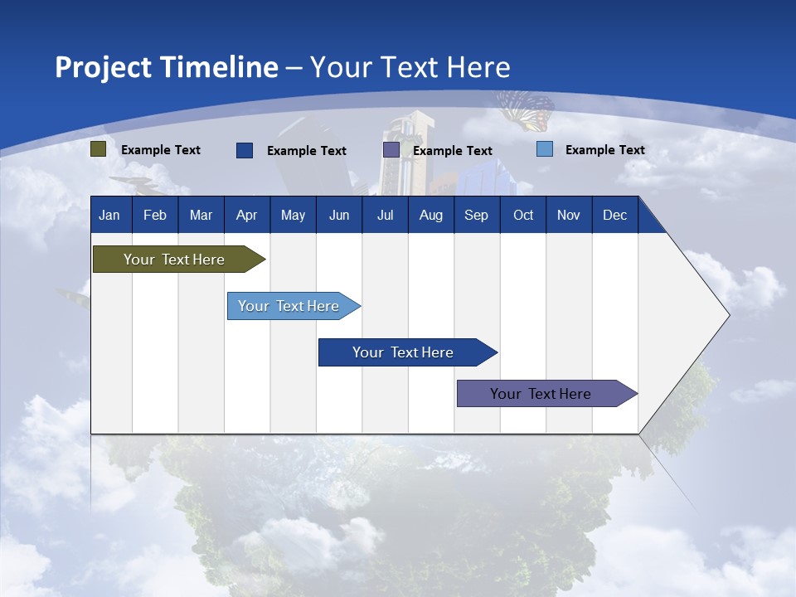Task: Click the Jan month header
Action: click(x=109, y=215)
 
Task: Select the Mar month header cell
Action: click(x=201, y=215)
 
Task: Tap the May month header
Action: click(x=293, y=215)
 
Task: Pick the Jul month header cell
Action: click(x=385, y=215)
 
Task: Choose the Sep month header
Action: click(x=476, y=215)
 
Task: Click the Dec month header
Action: click(x=614, y=215)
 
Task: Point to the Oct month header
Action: click(x=523, y=215)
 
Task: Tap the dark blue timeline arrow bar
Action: click(x=404, y=352)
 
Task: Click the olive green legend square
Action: click(x=99, y=149)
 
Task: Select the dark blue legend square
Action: click(x=245, y=150)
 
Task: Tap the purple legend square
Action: click(x=391, y=150)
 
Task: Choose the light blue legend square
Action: click(x=545, y=149)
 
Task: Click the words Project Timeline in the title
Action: click(x=167, y=67)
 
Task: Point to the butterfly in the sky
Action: click(x=527, y=110)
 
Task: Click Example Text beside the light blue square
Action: click(x=604, y=150)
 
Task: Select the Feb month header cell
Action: click(x=155, y=215)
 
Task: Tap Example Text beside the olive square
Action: click(x=160, y=150)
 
